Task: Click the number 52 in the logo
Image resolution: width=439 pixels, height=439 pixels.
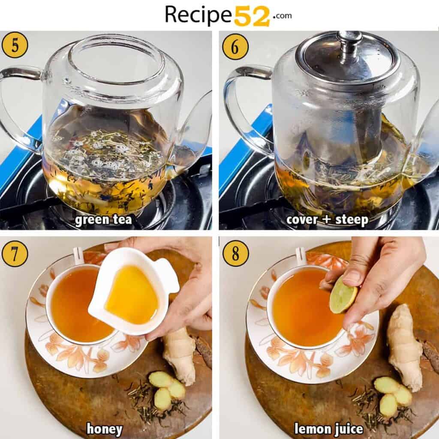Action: click(252, 15)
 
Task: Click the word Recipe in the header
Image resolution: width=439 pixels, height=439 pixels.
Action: click(199, 15)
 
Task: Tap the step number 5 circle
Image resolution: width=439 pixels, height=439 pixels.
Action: click(15, 45)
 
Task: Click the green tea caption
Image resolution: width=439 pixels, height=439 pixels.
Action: click(103, 220)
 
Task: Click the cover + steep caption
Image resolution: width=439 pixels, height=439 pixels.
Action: click(327, 220)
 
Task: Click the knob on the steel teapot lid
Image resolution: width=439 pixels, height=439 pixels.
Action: click(349, 40)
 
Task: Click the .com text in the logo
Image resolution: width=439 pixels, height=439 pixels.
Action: click(281, 15)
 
